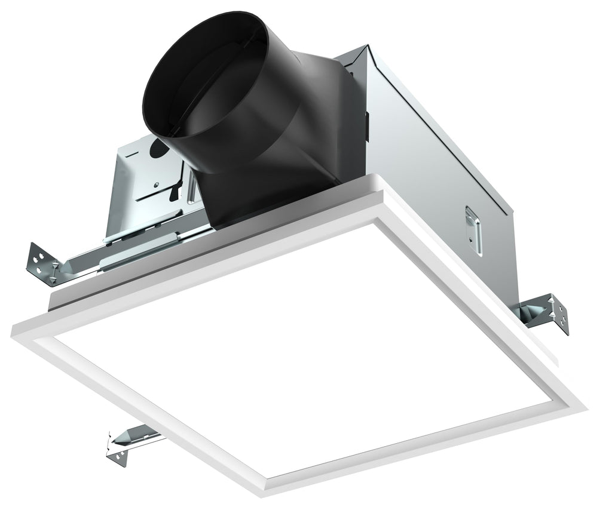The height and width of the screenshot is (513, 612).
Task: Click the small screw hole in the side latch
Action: coord(473,239)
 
